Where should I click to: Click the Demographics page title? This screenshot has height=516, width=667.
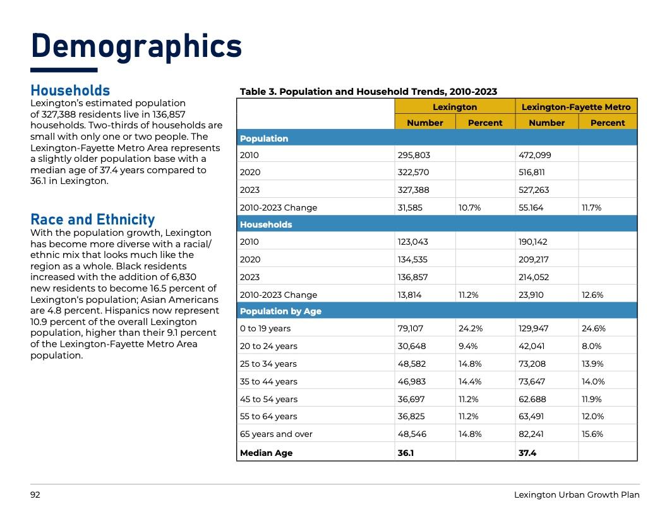point(136,47)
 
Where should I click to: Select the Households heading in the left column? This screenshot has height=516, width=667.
point(70,91)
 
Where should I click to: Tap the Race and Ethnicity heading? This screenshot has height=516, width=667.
point(92,219)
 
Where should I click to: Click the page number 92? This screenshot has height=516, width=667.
point(35,495)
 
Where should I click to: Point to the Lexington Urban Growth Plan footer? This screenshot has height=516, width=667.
point(576,495)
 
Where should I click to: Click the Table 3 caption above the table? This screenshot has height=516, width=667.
point(368,92)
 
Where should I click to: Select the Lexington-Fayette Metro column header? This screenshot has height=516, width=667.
point(576,107)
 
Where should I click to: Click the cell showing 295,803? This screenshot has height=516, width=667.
point(411,155)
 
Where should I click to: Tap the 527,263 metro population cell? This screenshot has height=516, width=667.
point(534,190)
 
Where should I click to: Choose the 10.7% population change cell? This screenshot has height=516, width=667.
point(469,207)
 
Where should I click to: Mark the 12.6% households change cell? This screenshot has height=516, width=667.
point(592,295)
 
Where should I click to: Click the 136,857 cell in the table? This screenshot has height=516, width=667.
point(411,277)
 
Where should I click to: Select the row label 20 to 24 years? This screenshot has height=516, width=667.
point(268,346)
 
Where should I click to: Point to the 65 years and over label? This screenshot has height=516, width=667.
point(276,434)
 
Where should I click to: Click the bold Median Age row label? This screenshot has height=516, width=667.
point(266,453)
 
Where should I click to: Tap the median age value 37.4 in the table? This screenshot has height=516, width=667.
point(527,453)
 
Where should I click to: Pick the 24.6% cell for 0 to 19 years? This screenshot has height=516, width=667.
point(593,329)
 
